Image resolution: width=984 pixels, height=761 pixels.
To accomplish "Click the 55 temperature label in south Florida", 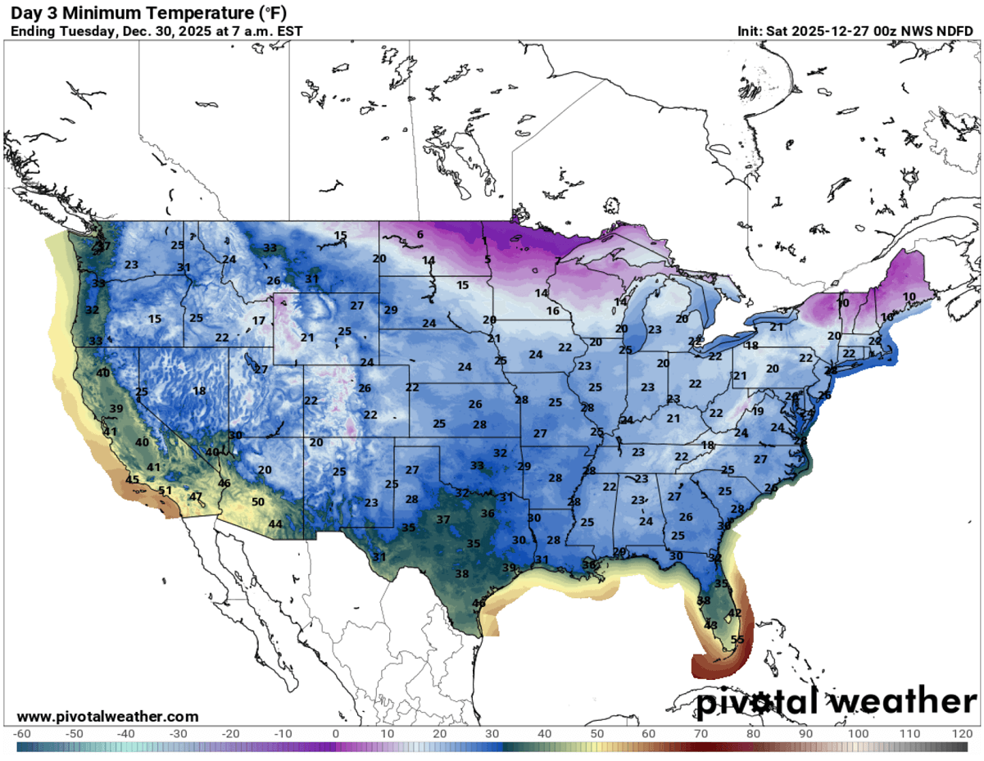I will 737,641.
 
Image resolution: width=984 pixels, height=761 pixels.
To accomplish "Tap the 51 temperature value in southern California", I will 165,491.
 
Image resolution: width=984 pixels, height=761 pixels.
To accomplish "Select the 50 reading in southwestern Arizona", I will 258,502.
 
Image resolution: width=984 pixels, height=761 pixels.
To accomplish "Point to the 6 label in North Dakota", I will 419,235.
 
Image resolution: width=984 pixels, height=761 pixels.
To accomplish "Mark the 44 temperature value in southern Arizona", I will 276,524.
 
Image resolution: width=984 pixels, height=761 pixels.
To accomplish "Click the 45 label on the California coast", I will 132,479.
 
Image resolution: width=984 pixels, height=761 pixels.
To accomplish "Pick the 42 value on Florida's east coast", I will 735,613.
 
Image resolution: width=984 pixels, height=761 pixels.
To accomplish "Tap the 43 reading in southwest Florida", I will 711,625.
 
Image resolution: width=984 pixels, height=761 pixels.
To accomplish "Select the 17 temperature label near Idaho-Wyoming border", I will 259,320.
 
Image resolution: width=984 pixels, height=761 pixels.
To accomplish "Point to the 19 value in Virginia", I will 758,411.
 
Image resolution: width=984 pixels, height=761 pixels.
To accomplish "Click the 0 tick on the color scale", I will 336,732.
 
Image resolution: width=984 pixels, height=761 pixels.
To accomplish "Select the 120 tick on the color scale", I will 961,732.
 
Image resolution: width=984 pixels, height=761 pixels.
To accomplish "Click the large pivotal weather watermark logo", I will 836,702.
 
